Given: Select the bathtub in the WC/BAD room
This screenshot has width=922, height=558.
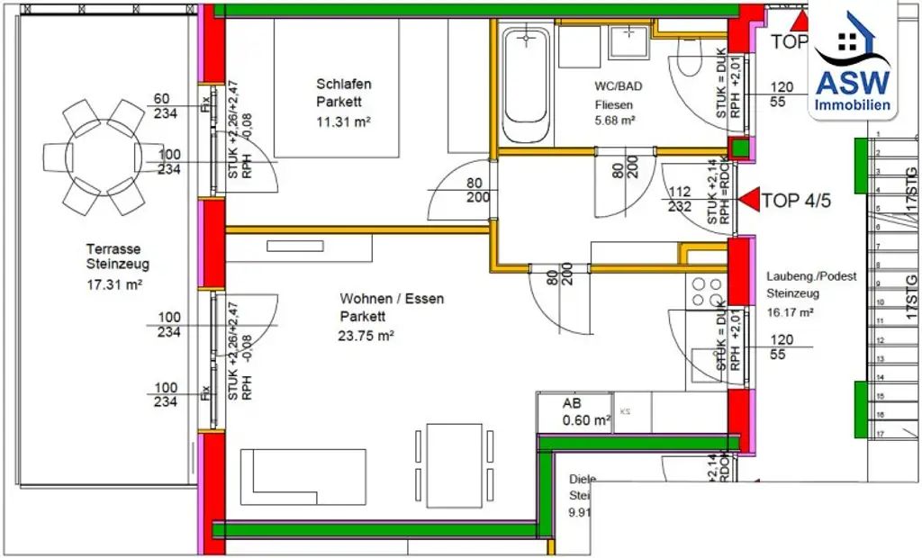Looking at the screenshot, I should pyautogui.click(x=526, y=85).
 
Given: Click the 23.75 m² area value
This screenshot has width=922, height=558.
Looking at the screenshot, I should pyautogui.click(x=367, y=336).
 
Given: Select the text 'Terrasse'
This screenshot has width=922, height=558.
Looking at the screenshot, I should pyautogui.click(x=113, y=248).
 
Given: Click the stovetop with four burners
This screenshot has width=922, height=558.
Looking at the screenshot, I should pyautogui.click(x=706, y=291).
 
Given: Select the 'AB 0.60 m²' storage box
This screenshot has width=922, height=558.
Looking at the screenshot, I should pyautogui.click(x=574, y=412).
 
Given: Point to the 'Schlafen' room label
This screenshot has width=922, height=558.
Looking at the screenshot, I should pyautogui.click(x=343, y=84).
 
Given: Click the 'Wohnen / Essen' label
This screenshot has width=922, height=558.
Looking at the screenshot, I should pyautogui.click(x=391, y=298).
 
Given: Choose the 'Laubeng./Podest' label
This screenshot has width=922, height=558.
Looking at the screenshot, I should pyautogui.click(x=811, y=275).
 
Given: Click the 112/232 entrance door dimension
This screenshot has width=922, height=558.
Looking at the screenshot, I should pyautogui.click(x=680, y=198).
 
